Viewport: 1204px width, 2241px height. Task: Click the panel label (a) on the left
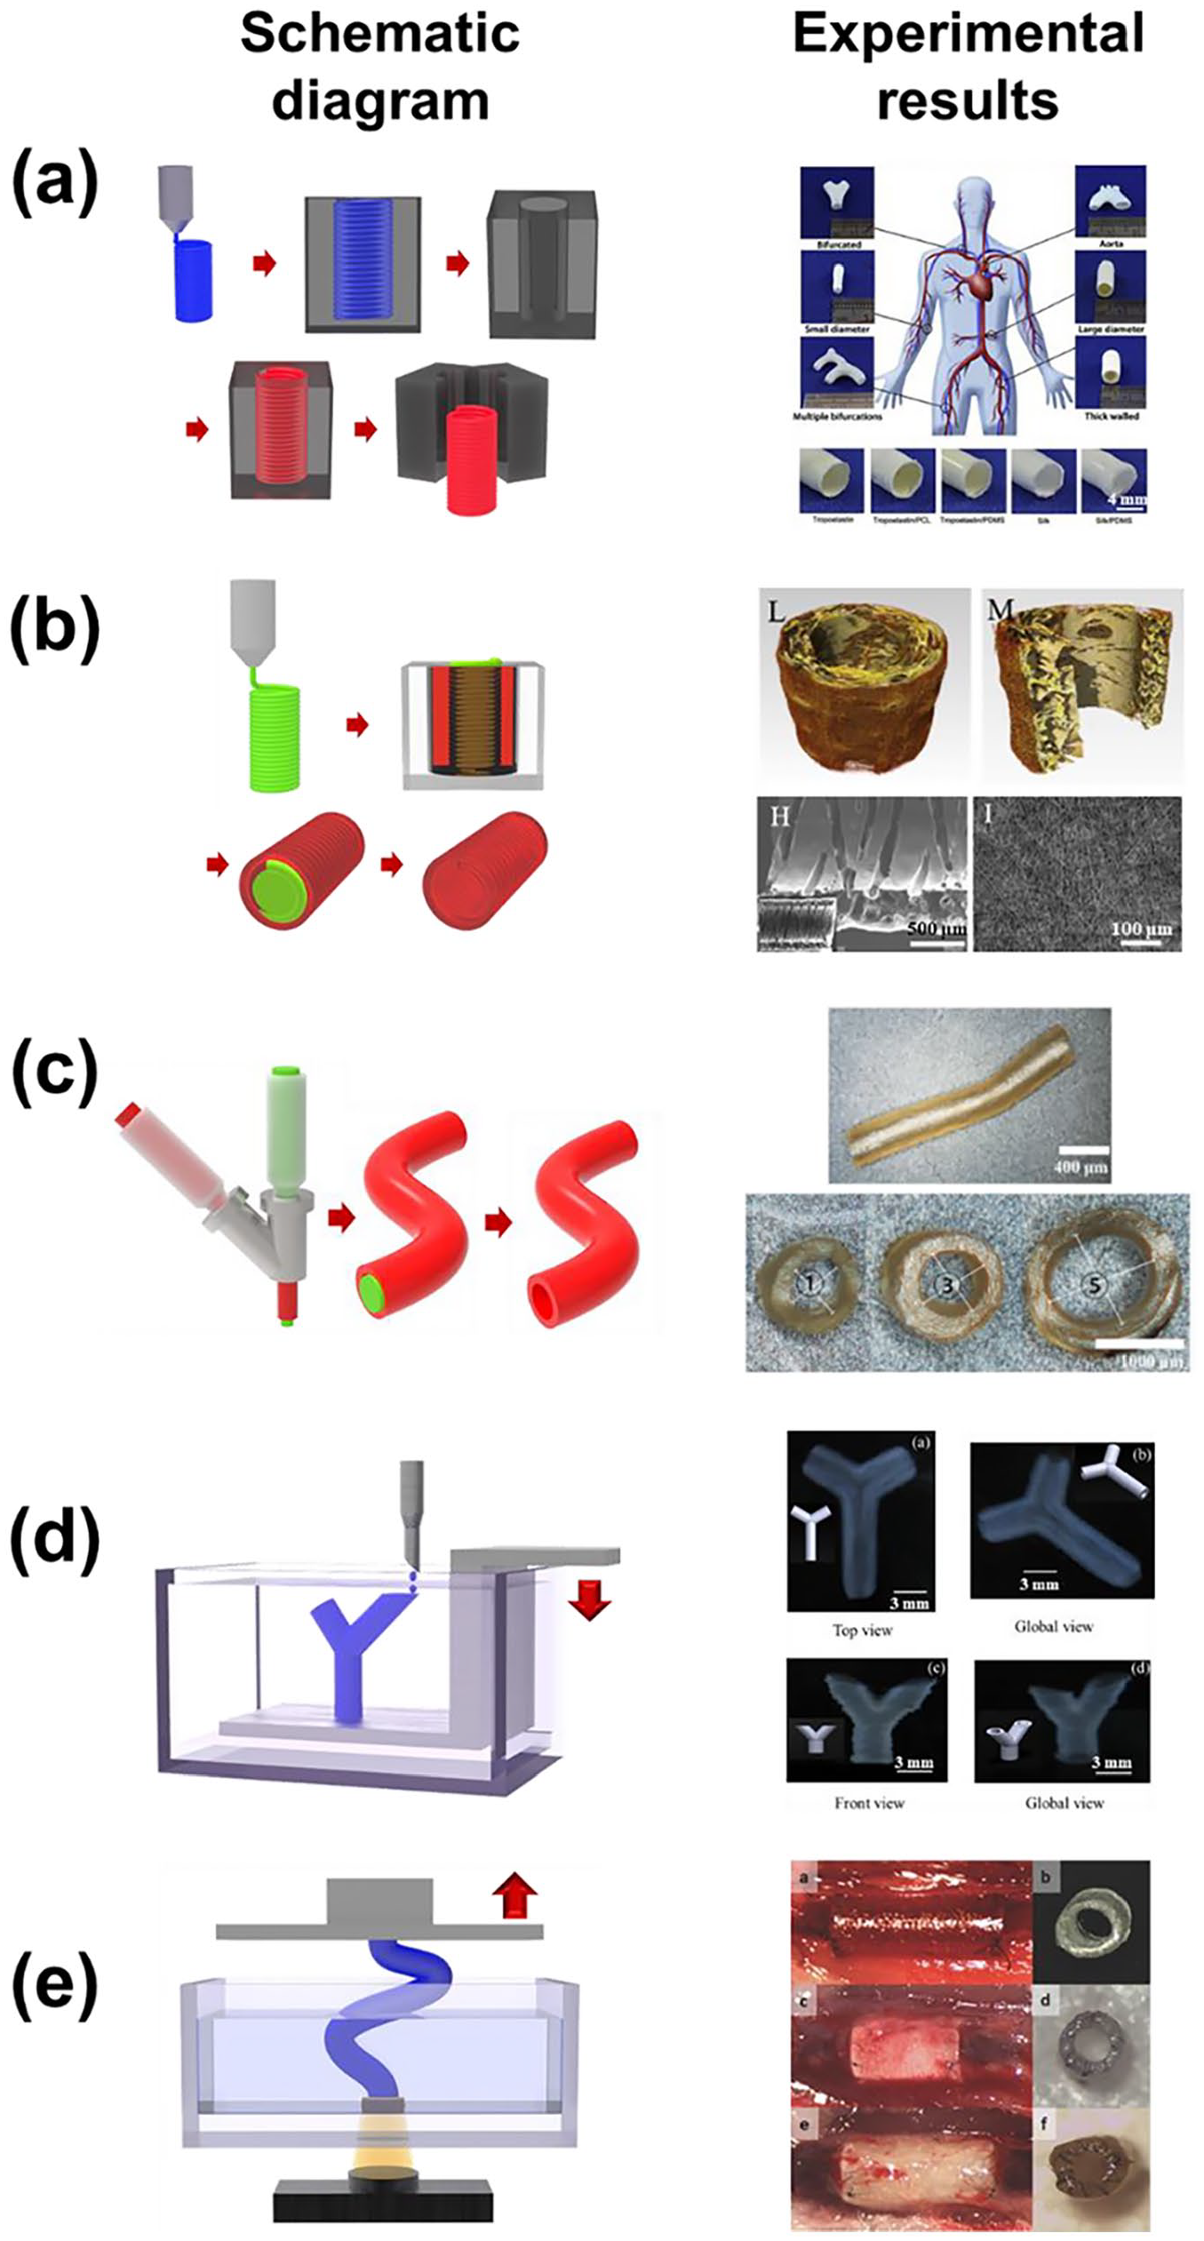point(54,183)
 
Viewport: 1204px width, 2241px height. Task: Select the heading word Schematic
point(379,34)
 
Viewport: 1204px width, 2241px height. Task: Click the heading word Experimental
point(968,34)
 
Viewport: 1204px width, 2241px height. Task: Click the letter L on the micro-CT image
point(776,611)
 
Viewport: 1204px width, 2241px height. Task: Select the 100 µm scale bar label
point(1141,929)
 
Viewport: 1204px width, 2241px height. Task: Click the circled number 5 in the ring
point(1094,1283)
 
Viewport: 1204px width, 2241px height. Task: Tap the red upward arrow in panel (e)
point(515,1897)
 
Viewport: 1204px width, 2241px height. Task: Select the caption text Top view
point(862,1631)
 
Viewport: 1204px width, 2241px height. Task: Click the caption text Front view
point(868,1803)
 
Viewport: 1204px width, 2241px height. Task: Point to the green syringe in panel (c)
point(288,1123)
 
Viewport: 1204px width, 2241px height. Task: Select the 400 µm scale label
point(1080,1167)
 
